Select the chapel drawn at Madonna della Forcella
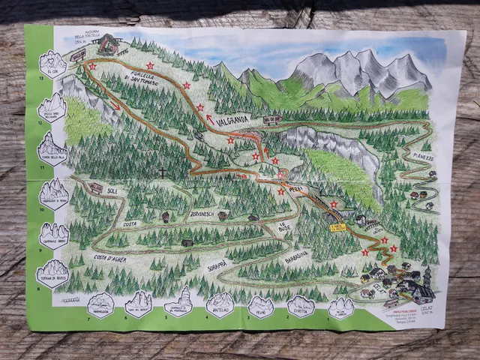point(110,45)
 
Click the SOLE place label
point(112,191)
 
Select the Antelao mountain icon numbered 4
point(220,304)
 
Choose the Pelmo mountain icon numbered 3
point(260,304)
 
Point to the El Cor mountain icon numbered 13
point(52,64)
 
